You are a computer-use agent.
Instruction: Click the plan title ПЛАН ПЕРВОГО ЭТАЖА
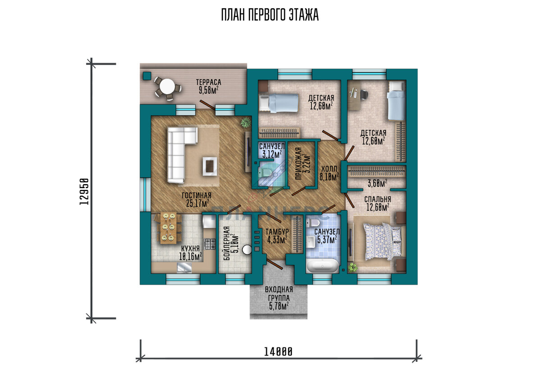pos(270,15)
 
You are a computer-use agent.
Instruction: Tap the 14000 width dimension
pos(278,352)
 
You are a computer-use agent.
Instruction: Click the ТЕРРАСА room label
pos(208,82)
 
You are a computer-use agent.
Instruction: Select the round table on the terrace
pos(167,87)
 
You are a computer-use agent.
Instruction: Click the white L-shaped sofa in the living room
pos(179,154)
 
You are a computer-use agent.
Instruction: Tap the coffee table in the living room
pos(210,166)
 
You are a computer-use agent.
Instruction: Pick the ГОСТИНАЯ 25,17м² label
pos(197,199)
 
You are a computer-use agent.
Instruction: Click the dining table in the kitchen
pos(168,228)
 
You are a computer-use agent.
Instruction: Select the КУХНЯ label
pos(190,248)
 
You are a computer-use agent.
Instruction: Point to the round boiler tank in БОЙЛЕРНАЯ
pos(247,249)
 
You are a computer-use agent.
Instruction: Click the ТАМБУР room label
pos(277,232)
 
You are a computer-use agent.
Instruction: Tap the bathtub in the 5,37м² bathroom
pos(322,266)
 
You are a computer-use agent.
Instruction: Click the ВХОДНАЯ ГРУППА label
pos(279,293)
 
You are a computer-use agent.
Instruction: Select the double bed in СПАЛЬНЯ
pos(384,241)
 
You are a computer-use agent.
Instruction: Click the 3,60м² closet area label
pos(377,184)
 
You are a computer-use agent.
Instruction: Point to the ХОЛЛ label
pos(329,168)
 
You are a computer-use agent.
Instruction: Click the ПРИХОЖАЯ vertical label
pos(299,163)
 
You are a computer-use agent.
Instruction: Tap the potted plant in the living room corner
pos(246,122)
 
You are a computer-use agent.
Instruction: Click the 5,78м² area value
pos(279,306)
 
